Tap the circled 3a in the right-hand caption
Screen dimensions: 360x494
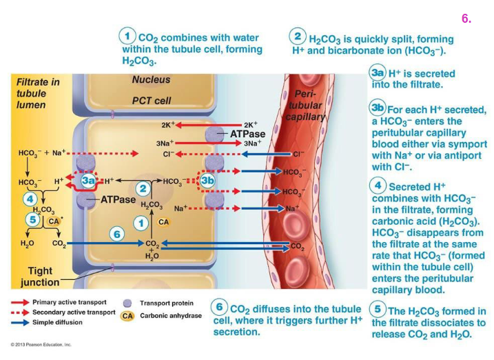378,72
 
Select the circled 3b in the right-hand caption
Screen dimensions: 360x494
378,108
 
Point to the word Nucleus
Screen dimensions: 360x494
151,79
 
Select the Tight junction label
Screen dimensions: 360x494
40,277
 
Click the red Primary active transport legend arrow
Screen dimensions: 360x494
20,302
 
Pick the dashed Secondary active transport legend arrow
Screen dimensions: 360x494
20,312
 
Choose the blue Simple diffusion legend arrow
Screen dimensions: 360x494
20,322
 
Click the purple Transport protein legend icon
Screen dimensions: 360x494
127,303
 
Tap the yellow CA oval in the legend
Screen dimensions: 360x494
127,316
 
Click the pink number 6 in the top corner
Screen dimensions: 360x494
466,19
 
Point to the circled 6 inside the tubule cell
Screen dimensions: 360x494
116,234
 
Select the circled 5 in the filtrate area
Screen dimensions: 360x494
32,219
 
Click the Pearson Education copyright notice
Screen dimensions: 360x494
41,344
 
